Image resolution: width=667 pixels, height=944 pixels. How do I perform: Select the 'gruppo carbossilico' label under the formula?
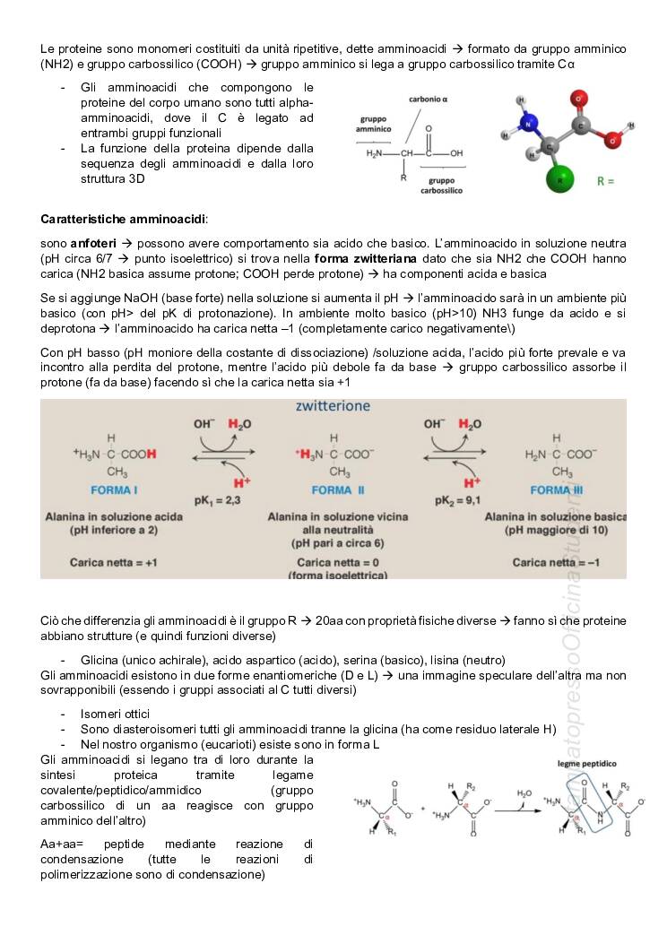pyautogui.click(x=440, y=186)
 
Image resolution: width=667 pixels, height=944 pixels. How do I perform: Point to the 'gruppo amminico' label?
pyautogui.click(x=373, y=124)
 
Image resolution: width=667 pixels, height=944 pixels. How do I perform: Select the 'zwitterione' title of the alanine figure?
pyautogui.click(x=333, y=406)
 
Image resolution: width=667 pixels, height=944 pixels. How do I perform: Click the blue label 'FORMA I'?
pyautogui.click(x=114, y=490)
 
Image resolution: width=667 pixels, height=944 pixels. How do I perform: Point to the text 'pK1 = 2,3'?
pyautogui.click(x=217, y=499)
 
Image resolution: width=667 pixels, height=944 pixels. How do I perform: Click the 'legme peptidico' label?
pyautogui.click(x=586, y=764)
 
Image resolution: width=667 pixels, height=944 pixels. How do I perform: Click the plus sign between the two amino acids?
pyautogui.click(x=423, y=809)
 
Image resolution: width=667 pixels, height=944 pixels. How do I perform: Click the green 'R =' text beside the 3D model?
pyautogui.click(x=606, y=180)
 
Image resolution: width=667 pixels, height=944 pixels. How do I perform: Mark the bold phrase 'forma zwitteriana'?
pyautogui.click(x=366, y=258)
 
